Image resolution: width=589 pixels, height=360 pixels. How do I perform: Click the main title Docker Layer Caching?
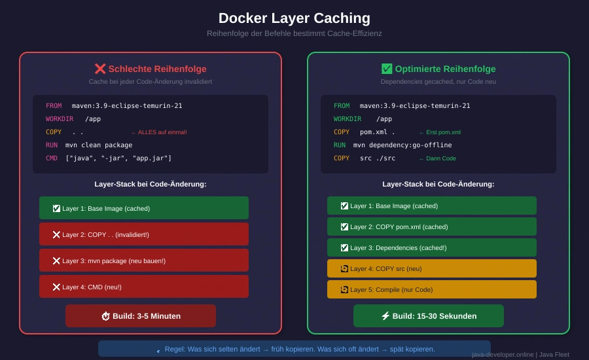[294, 18]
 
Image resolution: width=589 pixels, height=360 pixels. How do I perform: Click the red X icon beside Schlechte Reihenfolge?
[100, 69]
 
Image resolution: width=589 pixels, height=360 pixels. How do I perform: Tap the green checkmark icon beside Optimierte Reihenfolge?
[387, 69]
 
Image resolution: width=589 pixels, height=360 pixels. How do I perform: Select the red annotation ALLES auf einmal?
[159, 132]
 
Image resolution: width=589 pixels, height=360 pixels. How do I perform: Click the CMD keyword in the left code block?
[52, 158]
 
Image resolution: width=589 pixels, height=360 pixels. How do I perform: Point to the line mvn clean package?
[99, 145]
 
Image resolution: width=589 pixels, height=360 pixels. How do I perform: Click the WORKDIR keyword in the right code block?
[347, 119]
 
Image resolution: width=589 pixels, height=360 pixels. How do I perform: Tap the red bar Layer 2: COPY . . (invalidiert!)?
[144, 234]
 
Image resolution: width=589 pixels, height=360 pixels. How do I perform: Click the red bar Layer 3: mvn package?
[144, 261]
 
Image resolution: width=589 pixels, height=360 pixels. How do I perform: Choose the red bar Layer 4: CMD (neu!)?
[144, 287]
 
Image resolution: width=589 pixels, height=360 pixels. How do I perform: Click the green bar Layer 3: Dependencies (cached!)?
[432, 247]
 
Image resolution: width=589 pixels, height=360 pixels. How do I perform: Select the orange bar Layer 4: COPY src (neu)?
[432, 268]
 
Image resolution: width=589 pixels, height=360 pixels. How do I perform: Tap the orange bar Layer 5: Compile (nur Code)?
[432, 289]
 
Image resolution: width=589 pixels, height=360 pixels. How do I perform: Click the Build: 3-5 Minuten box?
[141, 316]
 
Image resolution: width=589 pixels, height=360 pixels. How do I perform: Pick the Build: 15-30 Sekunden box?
[429, 316]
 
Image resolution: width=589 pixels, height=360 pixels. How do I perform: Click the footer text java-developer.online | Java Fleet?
[520, 355]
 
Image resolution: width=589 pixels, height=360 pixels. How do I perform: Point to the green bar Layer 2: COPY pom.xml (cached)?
[432, 226]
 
